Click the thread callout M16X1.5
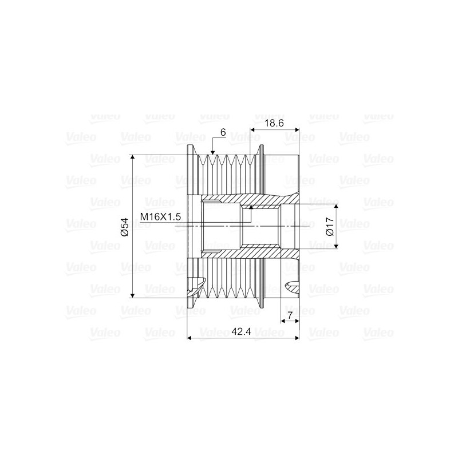(161, 216)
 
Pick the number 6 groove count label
(223, 132)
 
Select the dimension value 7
(290, 315)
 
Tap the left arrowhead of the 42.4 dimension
(191, 338)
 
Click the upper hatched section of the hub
(252, 199)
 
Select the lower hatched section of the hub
(252, 253)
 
